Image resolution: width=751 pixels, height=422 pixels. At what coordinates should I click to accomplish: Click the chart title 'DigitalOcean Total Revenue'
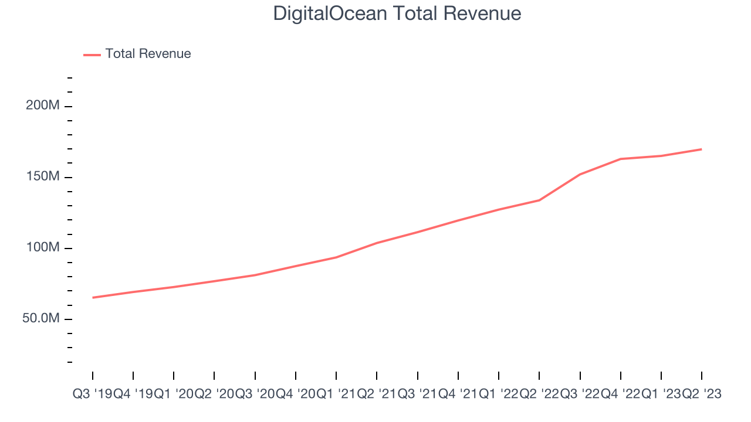397,13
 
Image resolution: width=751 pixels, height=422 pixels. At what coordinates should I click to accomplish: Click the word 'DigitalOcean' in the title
330,13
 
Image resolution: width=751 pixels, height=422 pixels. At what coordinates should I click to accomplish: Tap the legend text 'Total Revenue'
148,54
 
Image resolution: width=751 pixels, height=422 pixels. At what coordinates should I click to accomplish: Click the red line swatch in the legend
92,55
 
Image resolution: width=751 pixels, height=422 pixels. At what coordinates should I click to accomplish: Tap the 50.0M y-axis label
43,319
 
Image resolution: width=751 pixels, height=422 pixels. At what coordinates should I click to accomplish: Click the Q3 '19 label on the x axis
92,394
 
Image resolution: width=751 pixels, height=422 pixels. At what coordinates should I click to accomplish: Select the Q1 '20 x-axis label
174,394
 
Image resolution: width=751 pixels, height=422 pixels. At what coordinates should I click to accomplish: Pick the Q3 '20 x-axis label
255,394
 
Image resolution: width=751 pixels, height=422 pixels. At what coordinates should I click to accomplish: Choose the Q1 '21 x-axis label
336,394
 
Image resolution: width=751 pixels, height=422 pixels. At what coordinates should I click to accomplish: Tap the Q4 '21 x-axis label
458,394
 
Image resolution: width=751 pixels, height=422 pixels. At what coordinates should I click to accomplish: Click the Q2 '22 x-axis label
539,394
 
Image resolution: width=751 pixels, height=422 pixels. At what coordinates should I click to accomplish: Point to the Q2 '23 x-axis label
702,394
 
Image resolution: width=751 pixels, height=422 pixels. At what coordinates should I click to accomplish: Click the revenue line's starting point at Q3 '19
93,298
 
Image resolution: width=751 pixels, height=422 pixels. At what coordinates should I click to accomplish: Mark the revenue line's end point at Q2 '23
702,149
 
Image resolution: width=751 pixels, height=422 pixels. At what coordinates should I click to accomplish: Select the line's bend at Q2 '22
539,200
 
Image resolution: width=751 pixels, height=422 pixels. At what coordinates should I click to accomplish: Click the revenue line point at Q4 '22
621,159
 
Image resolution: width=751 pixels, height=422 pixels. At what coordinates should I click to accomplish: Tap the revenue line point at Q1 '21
336,257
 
